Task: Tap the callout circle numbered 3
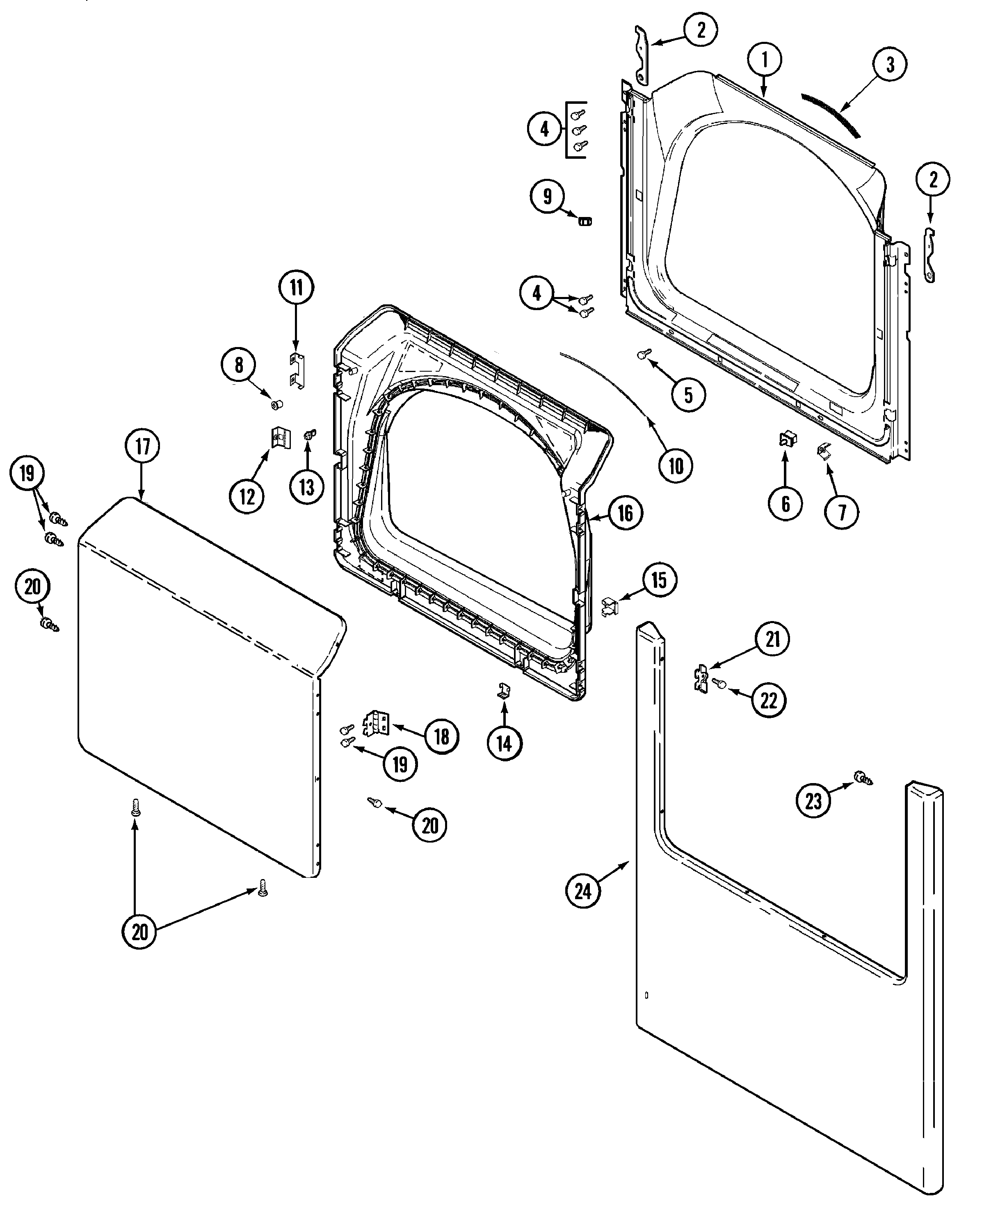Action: [889, 64]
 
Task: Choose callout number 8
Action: [239, 365]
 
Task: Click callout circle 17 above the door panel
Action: [142, 446]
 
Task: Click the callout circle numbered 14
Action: [504, 743]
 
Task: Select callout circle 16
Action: [625, 513]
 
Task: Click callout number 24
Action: [582, 891]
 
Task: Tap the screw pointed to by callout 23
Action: [864, 779]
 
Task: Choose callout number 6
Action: [785, 503]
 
